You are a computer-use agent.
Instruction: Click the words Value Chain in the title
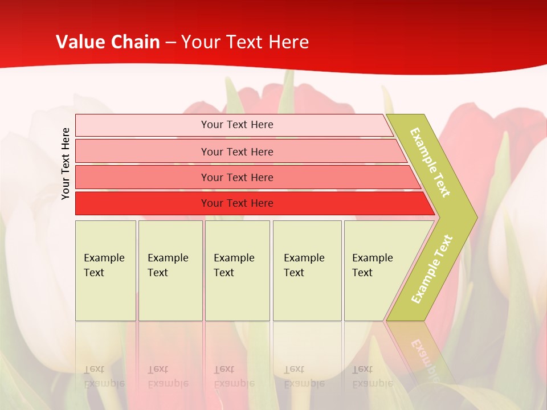(x=108, y=42)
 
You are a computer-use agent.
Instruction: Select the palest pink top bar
(x=142, y=125)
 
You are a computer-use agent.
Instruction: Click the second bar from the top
(x=142, y=151)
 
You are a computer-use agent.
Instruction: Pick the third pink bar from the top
(x=142, y=178)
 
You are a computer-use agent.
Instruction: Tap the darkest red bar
(x=142, y=204)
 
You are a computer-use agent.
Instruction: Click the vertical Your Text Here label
(x=66, y=163)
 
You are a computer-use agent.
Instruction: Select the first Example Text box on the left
(x=105, y=270)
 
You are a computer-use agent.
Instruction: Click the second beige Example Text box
(x=170, y=270)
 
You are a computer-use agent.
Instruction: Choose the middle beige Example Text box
(x=237, y=270)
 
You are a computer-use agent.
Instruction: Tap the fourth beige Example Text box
(x=307, y=270)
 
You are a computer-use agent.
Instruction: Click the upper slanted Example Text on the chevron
(x=430, y=162)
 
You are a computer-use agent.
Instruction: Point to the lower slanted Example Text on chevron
(x=432, y=269)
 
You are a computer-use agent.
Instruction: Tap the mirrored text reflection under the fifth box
(x=372, y=376)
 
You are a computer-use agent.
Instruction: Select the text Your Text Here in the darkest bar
(x=237, y=203)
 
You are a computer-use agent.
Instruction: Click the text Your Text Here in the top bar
(x=237, y=125)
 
